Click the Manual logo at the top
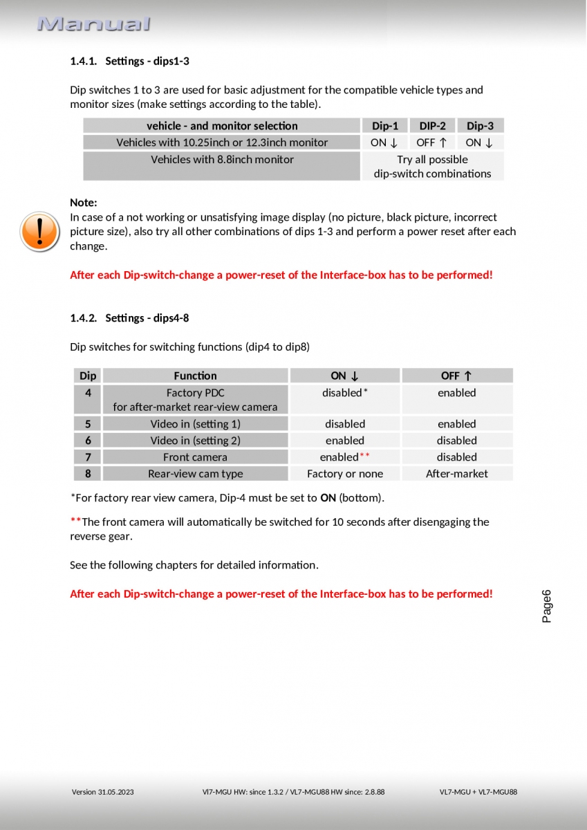point(93,24)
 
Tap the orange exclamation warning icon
point(39,232)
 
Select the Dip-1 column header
point(385,126)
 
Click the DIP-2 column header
point(432,126)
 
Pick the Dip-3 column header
point(480,126)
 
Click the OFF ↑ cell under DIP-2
point(432,142)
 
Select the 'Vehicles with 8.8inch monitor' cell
point(222,160)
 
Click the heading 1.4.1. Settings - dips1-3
point(129,61)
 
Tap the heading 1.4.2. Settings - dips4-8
point(129,318)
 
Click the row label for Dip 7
point(88,457)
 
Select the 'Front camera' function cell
point(195,457)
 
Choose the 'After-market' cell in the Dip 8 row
point(456,474)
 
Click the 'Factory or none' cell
point(345,474)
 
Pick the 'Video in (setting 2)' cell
point(195,441)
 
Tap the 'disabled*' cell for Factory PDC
point(344,393)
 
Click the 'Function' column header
point(195,376)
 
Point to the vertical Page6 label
point(547,606)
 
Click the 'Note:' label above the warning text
point(84,203)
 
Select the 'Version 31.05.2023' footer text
point(103,792)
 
